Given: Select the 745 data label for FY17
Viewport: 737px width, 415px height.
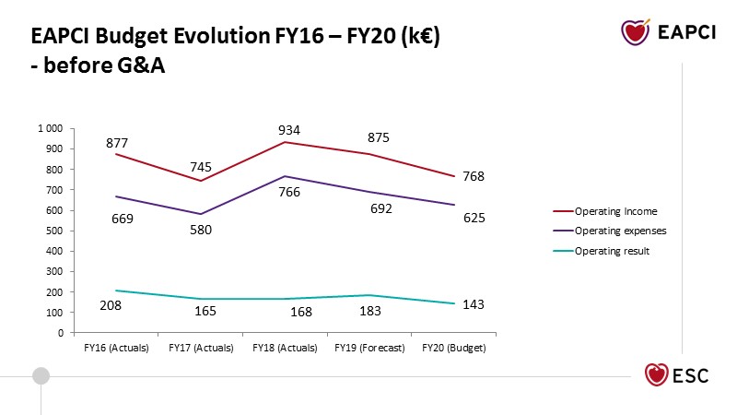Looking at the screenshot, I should [x=201, y=167].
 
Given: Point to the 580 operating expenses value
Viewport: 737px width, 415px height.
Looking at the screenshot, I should [x=201, y=230].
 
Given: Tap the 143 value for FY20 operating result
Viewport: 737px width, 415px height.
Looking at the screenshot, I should [x=474, y=304].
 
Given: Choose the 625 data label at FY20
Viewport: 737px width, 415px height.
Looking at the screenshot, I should [x=474, y=218].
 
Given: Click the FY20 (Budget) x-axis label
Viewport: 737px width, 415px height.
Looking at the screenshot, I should [x=454, y=348].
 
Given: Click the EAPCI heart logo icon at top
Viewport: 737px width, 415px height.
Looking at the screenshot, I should [x=636, y=32].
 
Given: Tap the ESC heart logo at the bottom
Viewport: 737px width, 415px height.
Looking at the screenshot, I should [x=657, y=375].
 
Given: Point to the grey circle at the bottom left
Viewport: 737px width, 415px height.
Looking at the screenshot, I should [x=41, y=375].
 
